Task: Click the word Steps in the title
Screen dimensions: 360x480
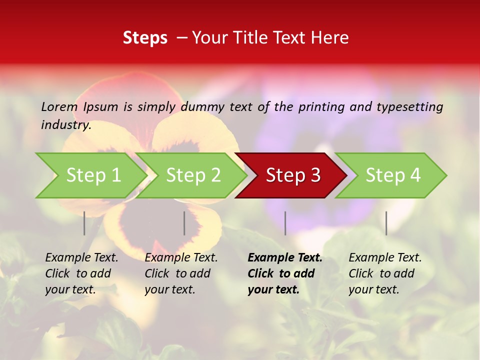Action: point(145,38)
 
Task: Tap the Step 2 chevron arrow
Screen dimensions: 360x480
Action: point(193,175)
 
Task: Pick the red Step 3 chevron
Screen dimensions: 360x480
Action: point(293,175)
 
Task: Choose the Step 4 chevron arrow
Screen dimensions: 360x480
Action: point(393,175)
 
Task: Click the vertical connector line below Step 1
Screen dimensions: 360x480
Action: point(84,223)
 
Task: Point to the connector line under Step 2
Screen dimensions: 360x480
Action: point(184,223)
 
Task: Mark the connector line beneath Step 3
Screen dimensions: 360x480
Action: point(285,223)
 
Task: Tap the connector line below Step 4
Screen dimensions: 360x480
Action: point(386,223)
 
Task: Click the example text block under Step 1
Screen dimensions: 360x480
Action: point(81,273)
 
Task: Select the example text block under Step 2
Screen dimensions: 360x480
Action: point(181,273)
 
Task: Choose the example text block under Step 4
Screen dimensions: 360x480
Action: point(385,273)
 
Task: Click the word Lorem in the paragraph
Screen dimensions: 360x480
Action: point(59,107)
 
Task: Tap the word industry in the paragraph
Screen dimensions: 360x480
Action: point(66,125)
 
